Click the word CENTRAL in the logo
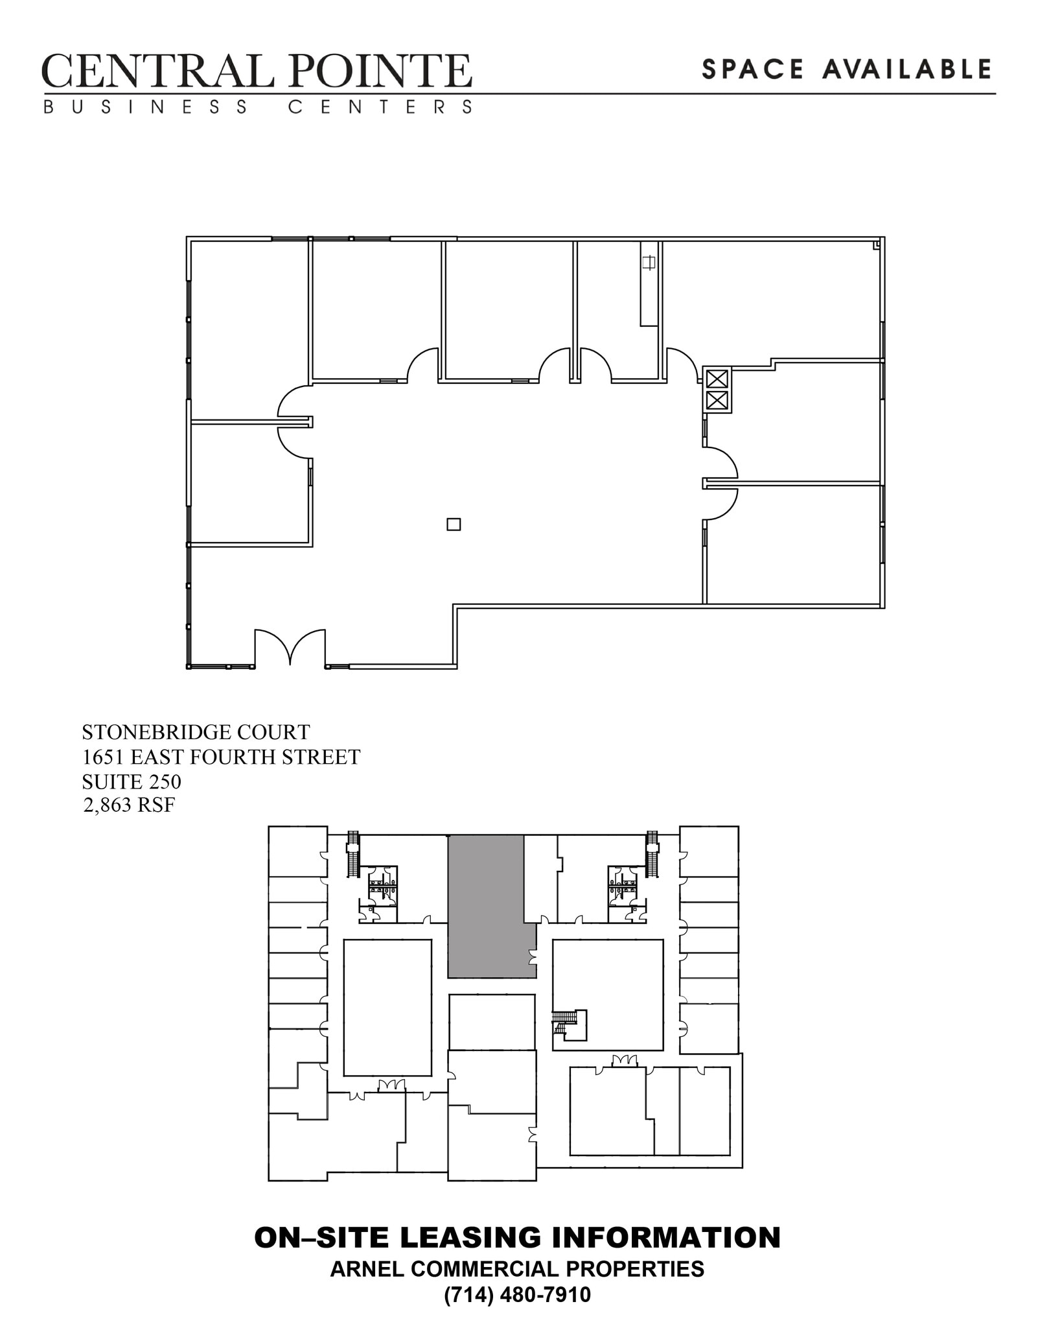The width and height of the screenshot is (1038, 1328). point(157,71)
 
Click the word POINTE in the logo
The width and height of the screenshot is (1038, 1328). point(381,71)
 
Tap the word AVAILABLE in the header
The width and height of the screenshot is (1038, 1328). point(907,69)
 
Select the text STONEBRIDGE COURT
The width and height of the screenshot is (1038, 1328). point(196,732)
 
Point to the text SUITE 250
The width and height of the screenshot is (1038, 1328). point(132,781)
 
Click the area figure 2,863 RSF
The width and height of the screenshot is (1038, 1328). point(130,805)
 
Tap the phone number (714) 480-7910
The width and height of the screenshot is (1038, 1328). point(517,1295)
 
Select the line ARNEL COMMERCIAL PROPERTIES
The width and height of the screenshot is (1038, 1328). point(517,1268)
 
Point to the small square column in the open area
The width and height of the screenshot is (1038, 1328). point(454,525)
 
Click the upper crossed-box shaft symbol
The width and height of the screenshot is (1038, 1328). point(717,379)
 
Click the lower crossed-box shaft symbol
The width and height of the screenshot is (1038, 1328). point(717,400)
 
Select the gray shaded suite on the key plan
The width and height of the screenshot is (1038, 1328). point(486,907)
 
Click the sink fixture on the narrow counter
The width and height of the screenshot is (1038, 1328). point(649,263)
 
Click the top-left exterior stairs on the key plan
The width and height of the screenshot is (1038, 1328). point(353,855)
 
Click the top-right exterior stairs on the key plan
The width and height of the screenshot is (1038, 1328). point(652,855)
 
